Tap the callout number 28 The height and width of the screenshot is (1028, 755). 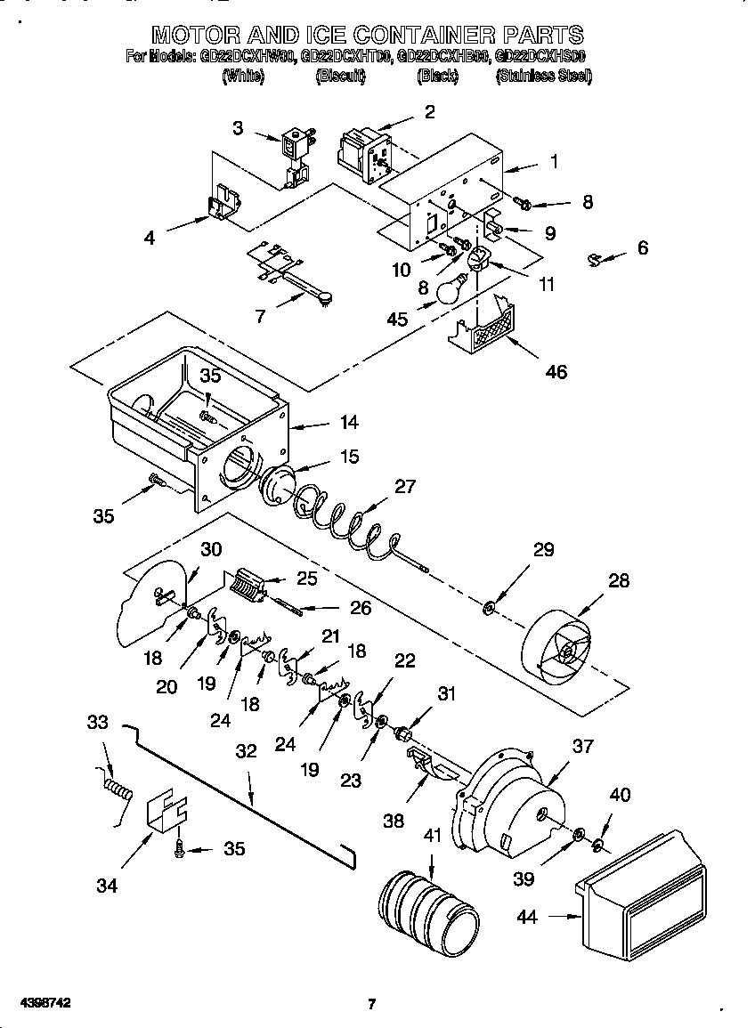pyautogui.click(x=618, y=580)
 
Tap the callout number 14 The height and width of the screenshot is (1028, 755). pyautogui.click(x=350, y=424)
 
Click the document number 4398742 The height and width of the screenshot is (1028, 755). pyautogui.click(x=37, y=1003)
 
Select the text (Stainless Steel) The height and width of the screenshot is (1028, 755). pyautogui.click(x=543, y=77)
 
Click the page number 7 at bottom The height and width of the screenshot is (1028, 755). pyautogui.click(x=372, y=1005)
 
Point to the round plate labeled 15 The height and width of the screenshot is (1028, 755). pyautogui.click(x=280, y=486)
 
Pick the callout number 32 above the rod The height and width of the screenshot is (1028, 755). pyautogui.click(x=246, y=751)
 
